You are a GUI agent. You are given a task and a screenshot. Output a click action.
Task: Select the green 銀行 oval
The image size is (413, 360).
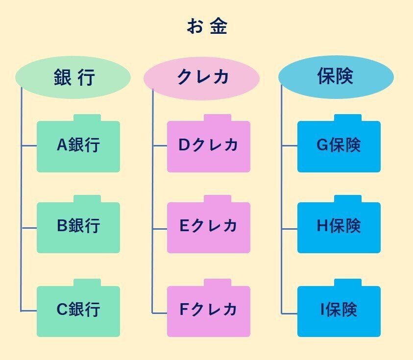click(73, 77)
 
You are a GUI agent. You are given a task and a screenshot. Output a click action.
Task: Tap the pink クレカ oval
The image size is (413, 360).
click(201, 77)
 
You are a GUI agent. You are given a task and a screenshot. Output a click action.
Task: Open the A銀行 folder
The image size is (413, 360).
click(78, 146)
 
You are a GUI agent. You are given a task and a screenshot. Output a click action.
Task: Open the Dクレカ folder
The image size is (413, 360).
click(208, 146)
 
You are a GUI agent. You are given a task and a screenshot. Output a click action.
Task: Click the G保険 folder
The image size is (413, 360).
click(339, 146)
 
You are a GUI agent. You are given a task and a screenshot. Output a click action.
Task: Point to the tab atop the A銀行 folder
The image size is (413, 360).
click(87, 118)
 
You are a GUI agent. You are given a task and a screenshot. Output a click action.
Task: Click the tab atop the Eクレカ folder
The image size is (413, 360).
click(218, 199)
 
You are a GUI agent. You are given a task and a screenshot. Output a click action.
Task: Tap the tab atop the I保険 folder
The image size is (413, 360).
click(348, 283)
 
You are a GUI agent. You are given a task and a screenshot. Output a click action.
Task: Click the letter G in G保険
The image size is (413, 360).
click(322, 145)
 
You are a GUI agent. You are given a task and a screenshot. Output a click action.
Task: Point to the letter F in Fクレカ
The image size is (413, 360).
click(183, 310)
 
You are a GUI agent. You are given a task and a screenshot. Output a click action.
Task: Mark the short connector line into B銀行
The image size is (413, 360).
click(29, 228)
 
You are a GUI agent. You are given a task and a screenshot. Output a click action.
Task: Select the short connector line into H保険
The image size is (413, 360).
click(290, 228)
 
